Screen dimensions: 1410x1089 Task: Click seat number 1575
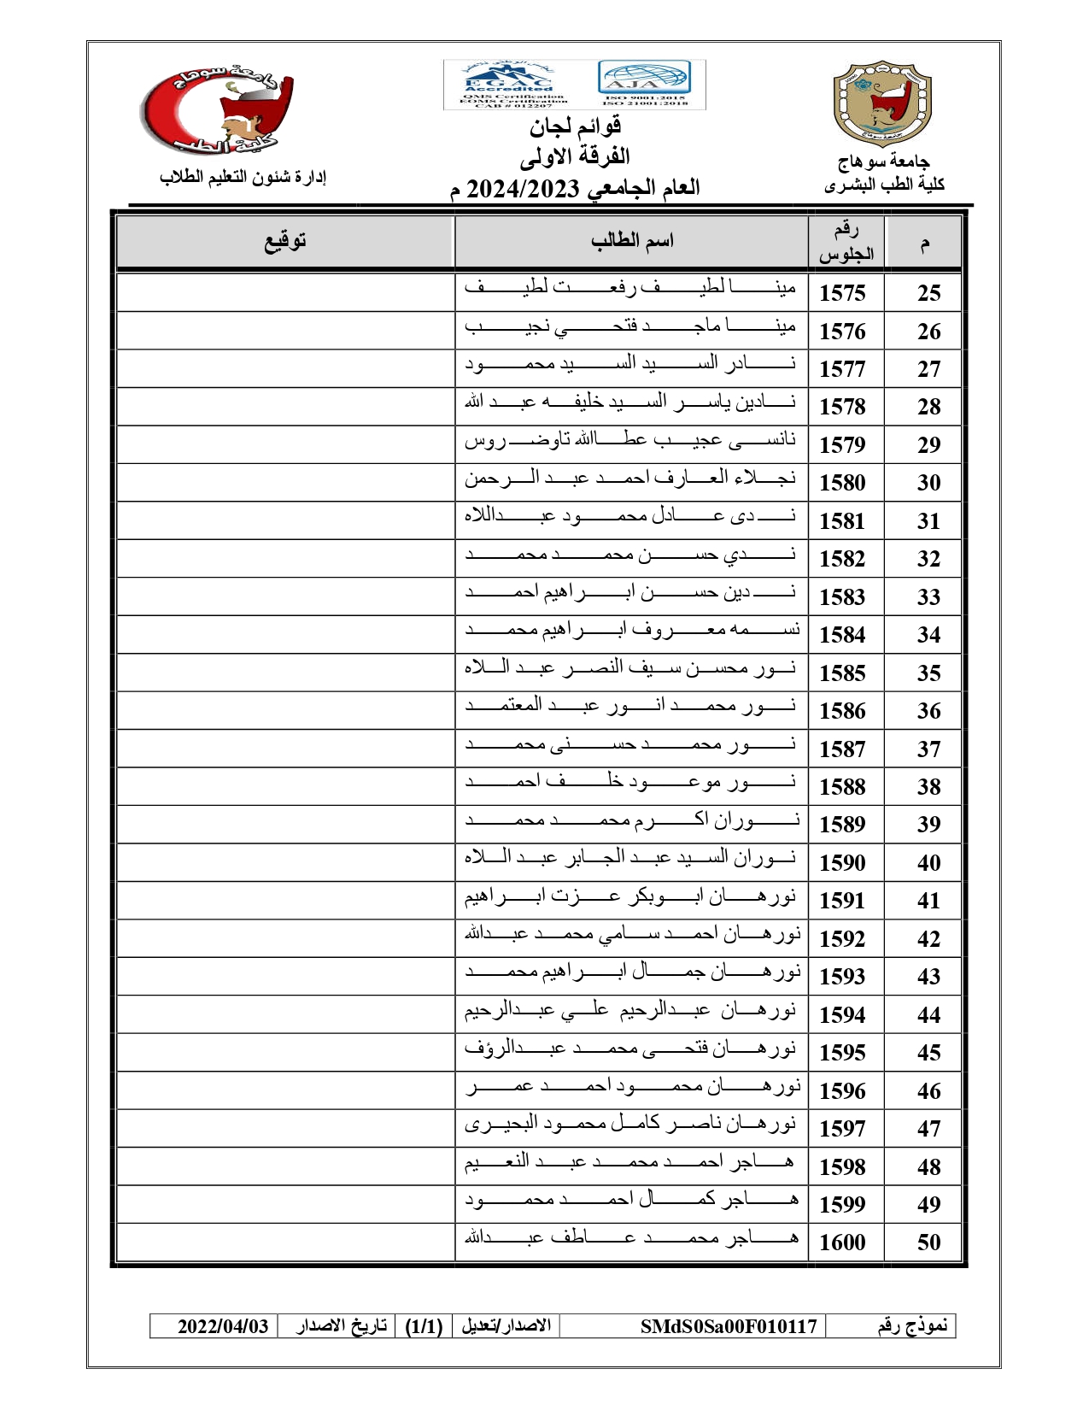point(842,293)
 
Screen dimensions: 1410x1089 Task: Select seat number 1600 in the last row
point(842,1243)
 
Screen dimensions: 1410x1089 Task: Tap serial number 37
point(928,749)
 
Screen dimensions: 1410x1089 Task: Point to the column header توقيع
point(284,241)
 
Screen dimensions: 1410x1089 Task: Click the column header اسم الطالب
point(632,241)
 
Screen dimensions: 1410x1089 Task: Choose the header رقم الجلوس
point(846,242)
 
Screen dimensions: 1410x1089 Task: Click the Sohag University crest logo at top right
point(881,103)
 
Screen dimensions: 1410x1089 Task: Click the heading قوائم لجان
point(575,127)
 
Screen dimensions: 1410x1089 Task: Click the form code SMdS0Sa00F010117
point(729,1326)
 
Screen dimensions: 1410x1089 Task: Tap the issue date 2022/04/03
point(223,1326)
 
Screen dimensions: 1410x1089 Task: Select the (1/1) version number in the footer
point(424,1326)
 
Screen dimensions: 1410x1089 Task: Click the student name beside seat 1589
point(632,820)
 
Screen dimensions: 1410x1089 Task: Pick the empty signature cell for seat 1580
point(284,483)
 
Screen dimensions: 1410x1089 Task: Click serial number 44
point(928,1015)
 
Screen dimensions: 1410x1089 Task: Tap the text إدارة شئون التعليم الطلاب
point(243,177)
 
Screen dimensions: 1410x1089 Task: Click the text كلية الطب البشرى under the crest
point(884,185)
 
